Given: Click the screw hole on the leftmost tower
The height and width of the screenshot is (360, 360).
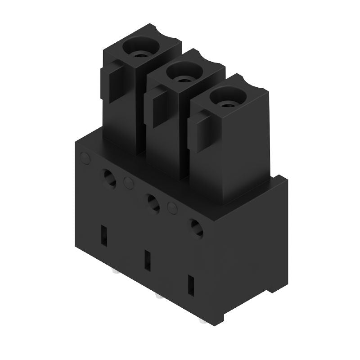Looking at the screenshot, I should pyautogui.click(x=141, y=46).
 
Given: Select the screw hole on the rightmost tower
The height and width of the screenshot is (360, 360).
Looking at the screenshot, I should pyautogui.click(x=228, y=97).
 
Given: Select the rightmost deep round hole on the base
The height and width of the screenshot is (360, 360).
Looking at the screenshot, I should pyautogui.click(x=196, y=228).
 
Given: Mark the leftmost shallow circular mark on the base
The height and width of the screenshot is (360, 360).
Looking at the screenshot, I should pyautogui.click(x=84, y=157).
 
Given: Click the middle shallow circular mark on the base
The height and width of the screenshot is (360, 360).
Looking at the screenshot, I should pyautogui.click(x=128, y=183).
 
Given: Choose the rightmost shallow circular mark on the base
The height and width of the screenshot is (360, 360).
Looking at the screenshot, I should pyautogui.click(x=172, y=207).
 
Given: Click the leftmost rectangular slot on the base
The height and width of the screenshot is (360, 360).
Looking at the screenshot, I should pyautogui.click(x=104, y=235).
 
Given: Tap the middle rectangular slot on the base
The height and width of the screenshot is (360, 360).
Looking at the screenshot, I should pyautogui.click(x=147, y=260).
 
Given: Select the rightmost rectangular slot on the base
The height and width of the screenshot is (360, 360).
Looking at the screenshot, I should pyautogui.click(x=191, y=285).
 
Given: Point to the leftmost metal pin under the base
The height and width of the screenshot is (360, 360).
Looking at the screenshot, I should pyautogui.click(x=113, y=272).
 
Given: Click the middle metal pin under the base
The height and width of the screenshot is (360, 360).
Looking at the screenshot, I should pyautogui.click(x=157, y=297).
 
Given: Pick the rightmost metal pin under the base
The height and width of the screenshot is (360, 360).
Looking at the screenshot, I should pyautogui.click(x=201, y=322).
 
